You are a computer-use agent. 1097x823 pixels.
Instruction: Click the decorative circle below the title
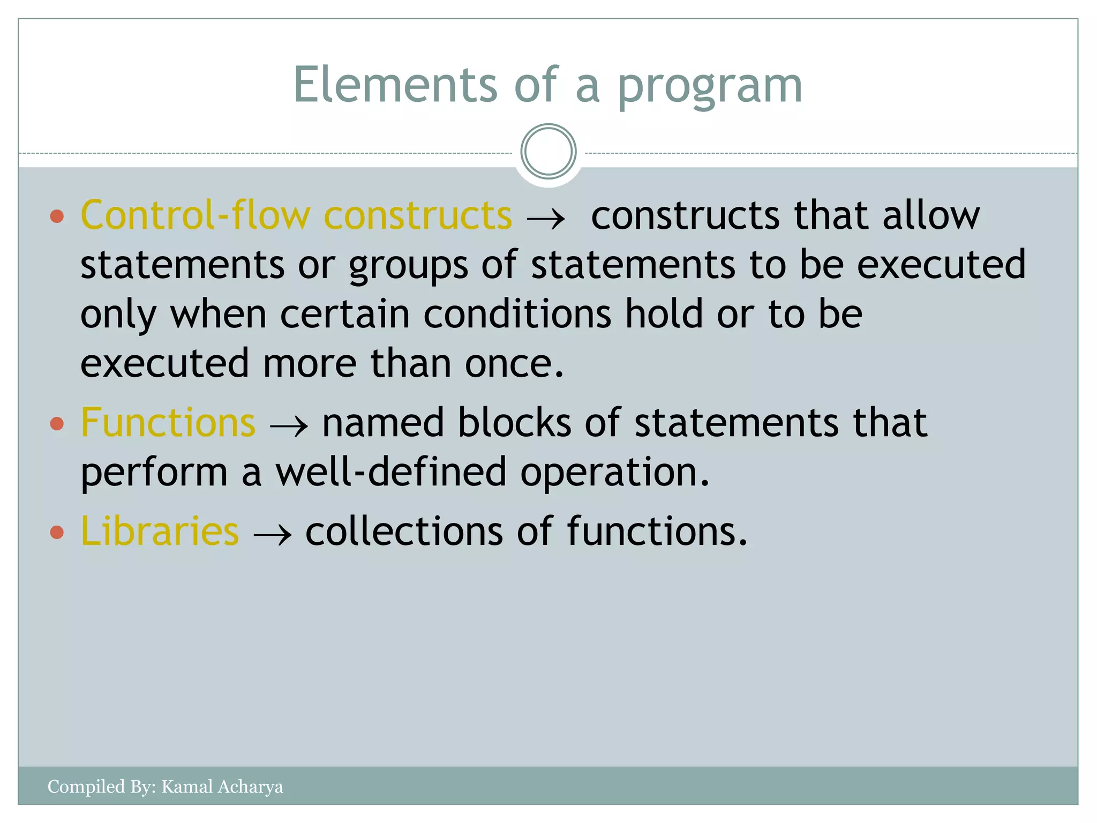(548, 151)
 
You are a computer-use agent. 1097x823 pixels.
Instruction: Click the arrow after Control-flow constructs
(546, 219)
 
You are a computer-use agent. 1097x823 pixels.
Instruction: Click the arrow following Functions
(289, 427)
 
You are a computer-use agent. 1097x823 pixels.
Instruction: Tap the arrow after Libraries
(272, 535)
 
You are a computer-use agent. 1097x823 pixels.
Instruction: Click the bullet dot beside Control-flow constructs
(57, 216)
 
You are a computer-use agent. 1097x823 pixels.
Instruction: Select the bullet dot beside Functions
(57, 424)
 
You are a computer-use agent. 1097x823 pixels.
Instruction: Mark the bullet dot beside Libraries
(57, 532)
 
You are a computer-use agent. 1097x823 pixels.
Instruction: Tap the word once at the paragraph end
(514, 364)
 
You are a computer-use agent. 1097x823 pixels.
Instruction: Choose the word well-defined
(390, 472)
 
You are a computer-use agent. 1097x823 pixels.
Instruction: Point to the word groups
(408, 265)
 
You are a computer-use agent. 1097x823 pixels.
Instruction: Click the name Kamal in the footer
(184, 787)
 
